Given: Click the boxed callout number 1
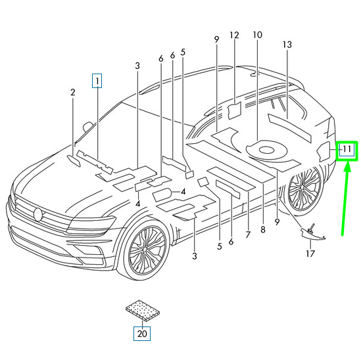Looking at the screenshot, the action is (x=97, y=81).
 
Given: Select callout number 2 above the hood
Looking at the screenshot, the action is (x=73, y=93).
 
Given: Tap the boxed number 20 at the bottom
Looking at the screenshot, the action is (x=142, y=334).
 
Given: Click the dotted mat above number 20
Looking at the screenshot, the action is (x=143, y=310).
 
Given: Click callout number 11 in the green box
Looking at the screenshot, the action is (x=347, y=149).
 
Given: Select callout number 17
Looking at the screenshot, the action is (x=310, y=254).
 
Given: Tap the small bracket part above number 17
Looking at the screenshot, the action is (x=312, y=233).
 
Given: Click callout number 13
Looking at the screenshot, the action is (x=287, y=45).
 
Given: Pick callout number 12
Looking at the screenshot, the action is (x=234, y=35).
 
